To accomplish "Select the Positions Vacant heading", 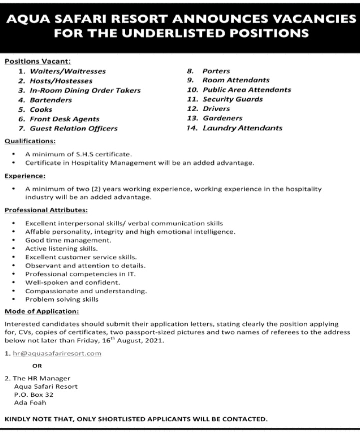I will click(38, 61).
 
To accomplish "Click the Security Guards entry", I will click(232, 99).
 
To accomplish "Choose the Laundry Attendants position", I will click(242, 128).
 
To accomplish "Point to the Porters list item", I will click(216, 71).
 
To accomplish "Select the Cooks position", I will click(41, 109).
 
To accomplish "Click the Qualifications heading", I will click(30, 141).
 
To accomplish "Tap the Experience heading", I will click(25, 176).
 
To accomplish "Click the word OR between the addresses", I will click(30, 366).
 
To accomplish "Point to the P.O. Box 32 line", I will click(34, 394).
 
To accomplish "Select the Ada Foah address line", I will click(30, 402).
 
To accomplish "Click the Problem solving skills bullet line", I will click(62, 299).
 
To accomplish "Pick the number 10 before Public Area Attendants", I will click(192, 90).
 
